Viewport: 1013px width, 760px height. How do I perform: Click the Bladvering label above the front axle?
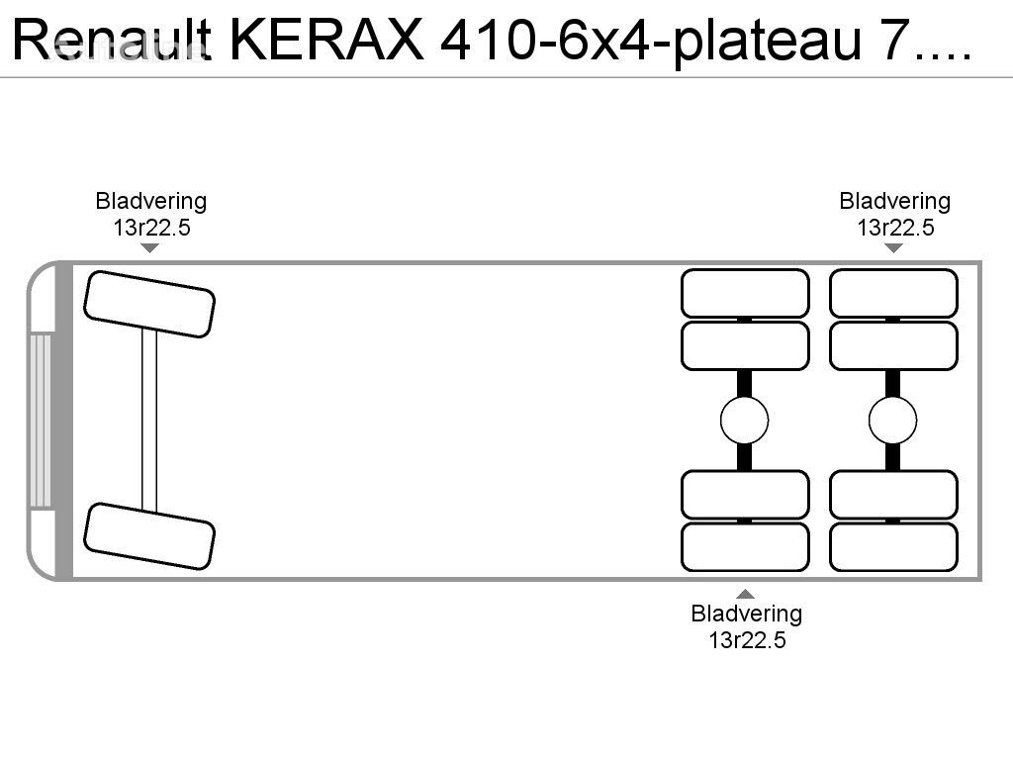(150, 201)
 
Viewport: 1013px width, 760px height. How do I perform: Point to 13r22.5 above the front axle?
(150, 227)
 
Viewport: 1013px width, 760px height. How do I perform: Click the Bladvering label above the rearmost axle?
(894, 201)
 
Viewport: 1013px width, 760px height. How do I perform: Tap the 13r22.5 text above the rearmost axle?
(894, 227)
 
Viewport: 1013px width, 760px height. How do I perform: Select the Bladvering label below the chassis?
(746, 614)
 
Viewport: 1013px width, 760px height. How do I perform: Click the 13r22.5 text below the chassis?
(746, 639)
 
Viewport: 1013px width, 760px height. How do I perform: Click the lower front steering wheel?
(149, 535)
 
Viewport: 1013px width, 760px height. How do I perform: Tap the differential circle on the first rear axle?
(745, 421)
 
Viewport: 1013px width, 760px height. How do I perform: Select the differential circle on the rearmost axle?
(893, 421)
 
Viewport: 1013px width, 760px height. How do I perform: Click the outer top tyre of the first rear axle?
(745, 293)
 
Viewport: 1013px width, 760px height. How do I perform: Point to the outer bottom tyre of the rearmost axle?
(893, 546)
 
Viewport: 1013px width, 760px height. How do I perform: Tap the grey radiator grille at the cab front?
(41, 420)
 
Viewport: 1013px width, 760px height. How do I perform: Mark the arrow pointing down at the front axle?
(150, 247)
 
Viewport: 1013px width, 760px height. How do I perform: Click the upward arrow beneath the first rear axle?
(746, 594)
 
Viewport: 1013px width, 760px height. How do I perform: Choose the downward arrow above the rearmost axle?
(893, 247)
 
